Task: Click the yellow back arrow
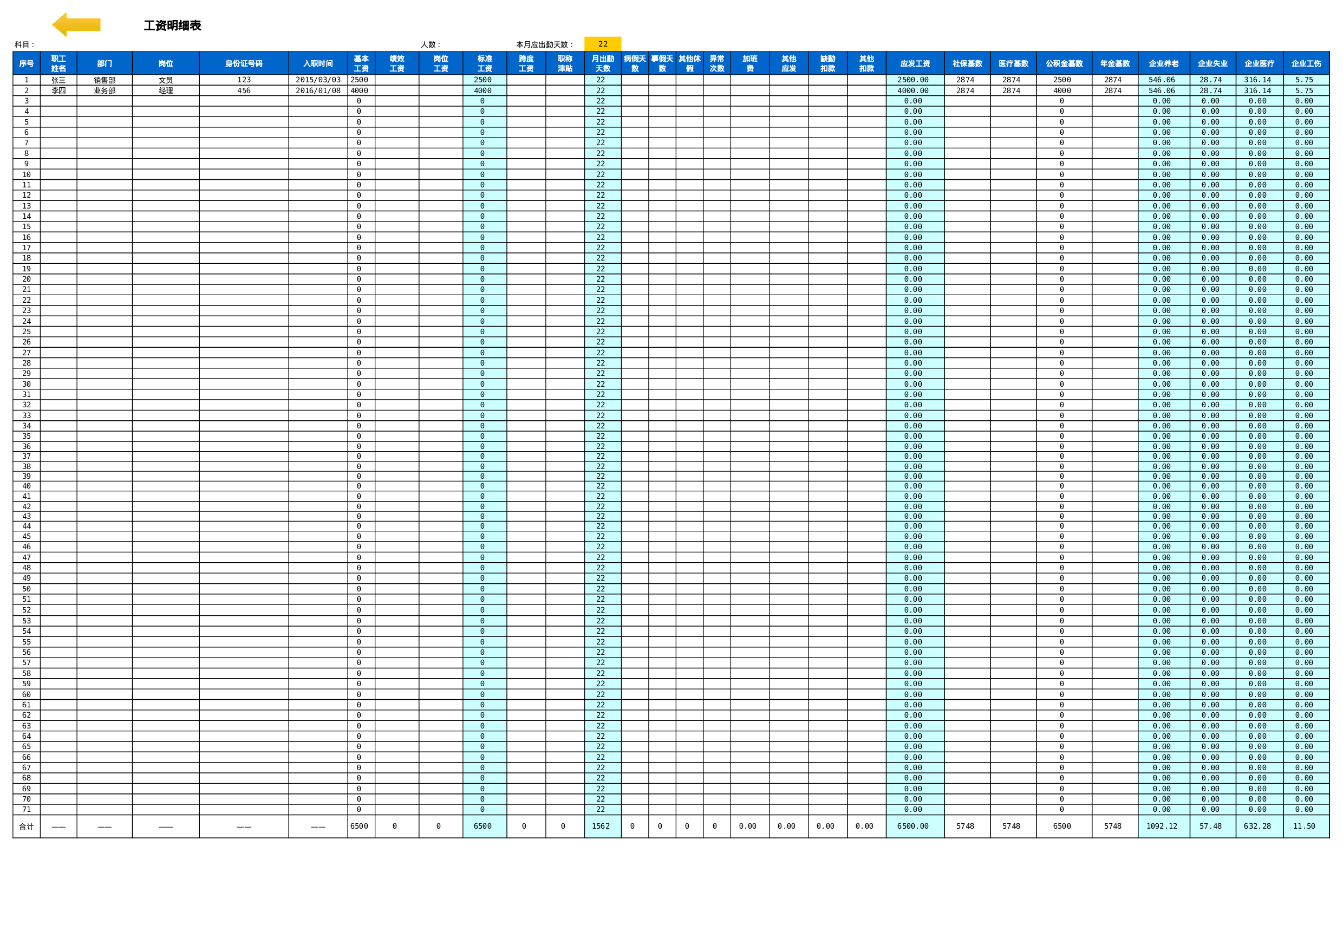point(76,24)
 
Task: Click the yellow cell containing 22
point(603,44)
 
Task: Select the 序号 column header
point(27,64)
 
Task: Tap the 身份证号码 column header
point(243,64)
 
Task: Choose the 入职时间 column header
point(318,64)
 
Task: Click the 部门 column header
point(104,64)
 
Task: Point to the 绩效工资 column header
point(396,64)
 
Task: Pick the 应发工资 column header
point(915,64)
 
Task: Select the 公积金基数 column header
point(1064,64)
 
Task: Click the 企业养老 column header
point(1163,64)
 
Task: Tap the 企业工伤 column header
point(1306,64)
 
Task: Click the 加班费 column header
point(750,64)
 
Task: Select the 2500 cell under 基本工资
point(360,80)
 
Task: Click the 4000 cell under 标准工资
point(484,90)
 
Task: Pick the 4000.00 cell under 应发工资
point(914,90)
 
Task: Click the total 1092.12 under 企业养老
point(1163,826)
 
